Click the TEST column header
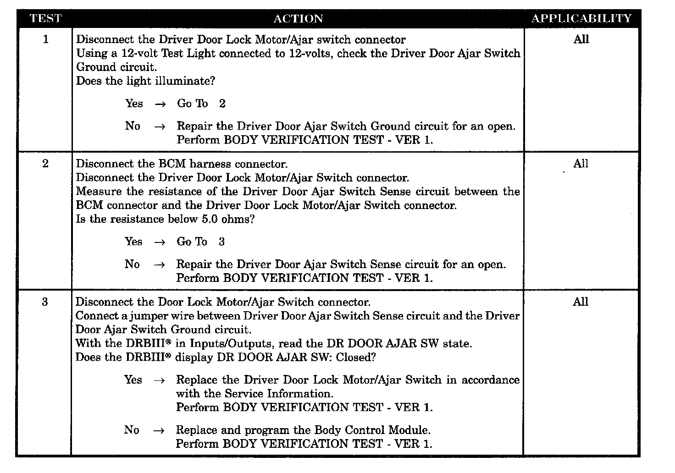click(45, 19)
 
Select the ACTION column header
click(298, 19)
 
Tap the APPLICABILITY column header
click(581, 19)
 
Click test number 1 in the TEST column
click(45, 39)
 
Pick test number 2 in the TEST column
click(45, 164)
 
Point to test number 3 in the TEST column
click(44, 302)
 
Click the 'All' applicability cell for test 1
click(581, 39)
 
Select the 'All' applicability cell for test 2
click(581, 164)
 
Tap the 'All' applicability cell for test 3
click(580, 302)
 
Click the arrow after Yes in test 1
click(160, 104)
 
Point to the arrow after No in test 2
click(159, 265)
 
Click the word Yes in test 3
click(133, 380)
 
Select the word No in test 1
click(133, 126)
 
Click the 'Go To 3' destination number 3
click(221, 242)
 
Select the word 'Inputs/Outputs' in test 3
click(232, 344)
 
